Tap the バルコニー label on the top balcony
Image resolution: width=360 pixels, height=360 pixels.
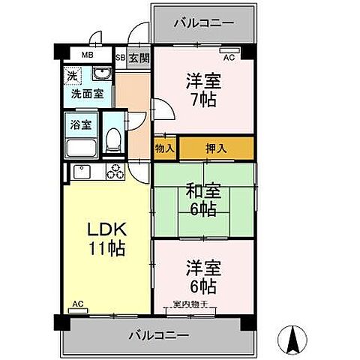click(x=203, y=22)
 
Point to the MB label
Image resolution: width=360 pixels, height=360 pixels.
click(x=87, y=55)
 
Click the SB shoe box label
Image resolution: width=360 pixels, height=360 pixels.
click(x=120, y=56)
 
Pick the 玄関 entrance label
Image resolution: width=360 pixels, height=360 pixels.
click(x=138, y=56)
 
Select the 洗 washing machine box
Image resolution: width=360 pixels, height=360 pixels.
click(x=71, y=76)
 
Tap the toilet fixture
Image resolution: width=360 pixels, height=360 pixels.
click(x=113, y=138)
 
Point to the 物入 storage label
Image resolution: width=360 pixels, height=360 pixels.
click(x=165, y=148)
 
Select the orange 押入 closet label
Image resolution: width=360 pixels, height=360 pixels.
click(x=216, y=148)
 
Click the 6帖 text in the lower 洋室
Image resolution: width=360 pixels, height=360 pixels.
click(x=202, y=286)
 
